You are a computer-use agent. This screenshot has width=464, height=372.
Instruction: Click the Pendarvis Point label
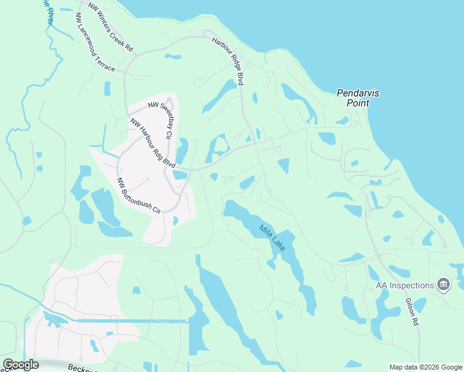358,98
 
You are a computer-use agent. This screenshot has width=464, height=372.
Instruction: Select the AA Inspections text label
404,285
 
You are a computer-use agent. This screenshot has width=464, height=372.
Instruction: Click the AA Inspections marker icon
444,285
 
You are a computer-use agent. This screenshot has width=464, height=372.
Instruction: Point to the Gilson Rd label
413,312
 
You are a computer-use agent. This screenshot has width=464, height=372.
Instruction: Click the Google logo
20,365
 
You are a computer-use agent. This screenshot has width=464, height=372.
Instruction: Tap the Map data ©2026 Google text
425,367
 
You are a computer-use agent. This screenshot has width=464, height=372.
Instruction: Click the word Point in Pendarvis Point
358,103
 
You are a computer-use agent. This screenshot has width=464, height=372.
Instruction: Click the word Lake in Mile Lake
279,245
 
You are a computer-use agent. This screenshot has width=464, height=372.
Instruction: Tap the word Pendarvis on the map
358,93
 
